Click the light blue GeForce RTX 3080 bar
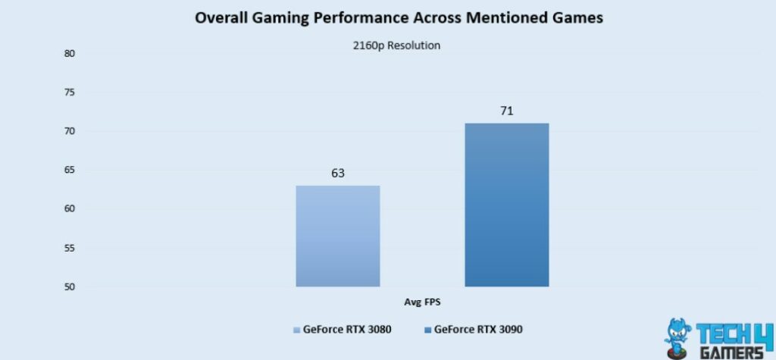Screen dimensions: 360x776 pos(337,236)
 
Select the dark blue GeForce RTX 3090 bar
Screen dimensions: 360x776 pos(506,205)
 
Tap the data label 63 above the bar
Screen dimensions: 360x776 pos(337,174)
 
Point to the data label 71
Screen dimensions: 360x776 pos(506,111)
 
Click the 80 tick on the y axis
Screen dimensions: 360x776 pos(69,54)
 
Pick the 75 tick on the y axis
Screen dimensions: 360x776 pos(69,92)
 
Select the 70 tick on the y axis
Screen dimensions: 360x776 pos(69,132)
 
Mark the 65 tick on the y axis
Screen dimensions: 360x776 pos(69,171)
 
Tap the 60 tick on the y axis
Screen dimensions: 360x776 pos(69,209)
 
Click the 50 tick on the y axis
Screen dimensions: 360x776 pos(69,287)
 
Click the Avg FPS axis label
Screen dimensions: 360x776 pos(421,302)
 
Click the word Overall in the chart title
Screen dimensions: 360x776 pos(223,18)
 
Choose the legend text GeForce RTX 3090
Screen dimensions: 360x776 pos(478,330)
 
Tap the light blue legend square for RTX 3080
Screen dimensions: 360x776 pos(296,330)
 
